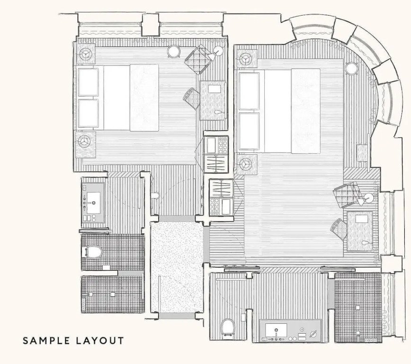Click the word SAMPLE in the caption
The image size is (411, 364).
click(46, 341)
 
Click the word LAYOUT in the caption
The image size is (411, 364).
click(100, 341)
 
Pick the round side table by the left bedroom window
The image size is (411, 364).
click(173, 51)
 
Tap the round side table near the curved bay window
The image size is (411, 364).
click(351, 68)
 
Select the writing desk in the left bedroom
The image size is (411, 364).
click(213, 100)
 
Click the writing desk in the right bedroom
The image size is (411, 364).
click(360, 231)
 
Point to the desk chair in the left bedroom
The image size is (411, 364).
click(192, 99)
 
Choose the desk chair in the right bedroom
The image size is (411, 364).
click(339, 229)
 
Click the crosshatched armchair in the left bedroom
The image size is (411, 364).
click(197, 60)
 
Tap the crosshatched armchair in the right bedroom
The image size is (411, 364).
click(346, 195)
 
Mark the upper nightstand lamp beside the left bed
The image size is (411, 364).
click(85, 54)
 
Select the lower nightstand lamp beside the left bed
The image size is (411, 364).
click(85, 141)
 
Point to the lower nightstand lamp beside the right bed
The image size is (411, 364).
click(246, 164)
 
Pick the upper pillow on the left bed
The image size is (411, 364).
click(89, 82)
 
